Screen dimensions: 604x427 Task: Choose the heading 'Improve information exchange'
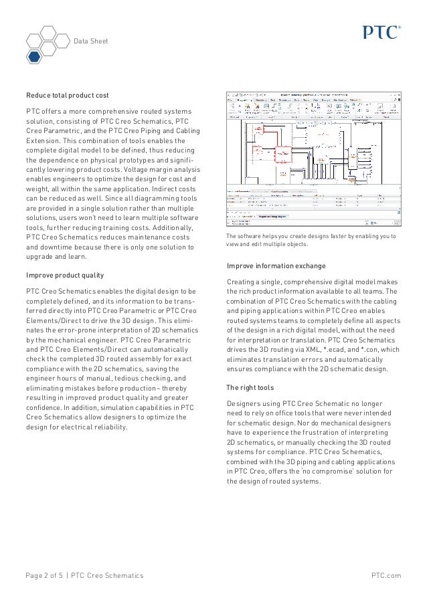276,266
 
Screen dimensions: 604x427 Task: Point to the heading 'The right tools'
250,387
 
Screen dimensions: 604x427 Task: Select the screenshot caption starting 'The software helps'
320,240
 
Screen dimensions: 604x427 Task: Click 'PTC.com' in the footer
386,576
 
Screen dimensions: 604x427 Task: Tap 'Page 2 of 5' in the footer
44,576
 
